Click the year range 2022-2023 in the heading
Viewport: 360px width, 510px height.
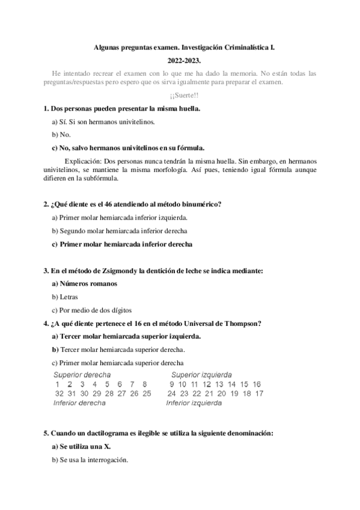tap(180, 60)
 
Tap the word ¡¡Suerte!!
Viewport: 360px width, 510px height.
tap(180, 96)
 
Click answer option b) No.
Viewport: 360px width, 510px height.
tap(62, 134)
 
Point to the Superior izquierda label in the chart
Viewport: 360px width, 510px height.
tap(201, 375)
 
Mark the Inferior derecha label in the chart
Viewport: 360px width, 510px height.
tap(80, 403)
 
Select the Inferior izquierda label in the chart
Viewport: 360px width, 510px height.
tap(194, 403)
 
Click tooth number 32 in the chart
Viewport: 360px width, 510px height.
tap(59, 393)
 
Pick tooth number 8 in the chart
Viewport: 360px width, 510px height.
tap(145, 384)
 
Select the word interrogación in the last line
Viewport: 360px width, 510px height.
tap(105, 460)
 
